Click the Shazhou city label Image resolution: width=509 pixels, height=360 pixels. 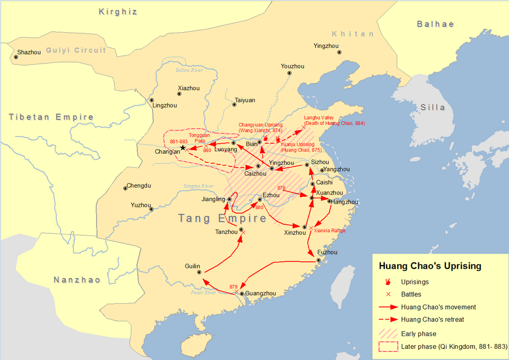30,52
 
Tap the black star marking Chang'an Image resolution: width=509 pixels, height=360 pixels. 183,147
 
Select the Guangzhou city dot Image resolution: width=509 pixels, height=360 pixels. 242,293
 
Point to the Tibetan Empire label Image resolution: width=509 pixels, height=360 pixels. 51,117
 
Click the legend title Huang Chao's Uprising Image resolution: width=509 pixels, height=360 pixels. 429,266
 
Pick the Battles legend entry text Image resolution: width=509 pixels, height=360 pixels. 412,294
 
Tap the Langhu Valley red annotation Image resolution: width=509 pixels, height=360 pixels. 334,120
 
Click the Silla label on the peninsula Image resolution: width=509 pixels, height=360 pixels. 433,107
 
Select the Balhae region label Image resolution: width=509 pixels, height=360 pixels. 435,24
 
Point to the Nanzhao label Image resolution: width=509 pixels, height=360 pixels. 77,280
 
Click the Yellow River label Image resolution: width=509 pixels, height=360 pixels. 189,71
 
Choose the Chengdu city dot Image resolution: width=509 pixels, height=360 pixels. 126,187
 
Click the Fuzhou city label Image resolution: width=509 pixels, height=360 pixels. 327,252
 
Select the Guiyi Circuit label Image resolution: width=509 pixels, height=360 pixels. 76,50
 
